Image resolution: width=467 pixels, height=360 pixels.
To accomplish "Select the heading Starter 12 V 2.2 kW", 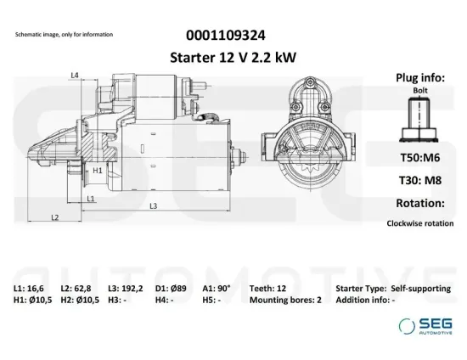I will [230, 57].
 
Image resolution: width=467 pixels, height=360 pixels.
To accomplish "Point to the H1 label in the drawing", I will [98, 170].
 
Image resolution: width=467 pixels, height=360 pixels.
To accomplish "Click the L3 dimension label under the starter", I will [153, 206].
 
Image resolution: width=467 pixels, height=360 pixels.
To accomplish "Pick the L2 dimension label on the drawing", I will [54, 217].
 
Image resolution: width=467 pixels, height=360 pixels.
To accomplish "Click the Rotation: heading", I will [420, 203].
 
